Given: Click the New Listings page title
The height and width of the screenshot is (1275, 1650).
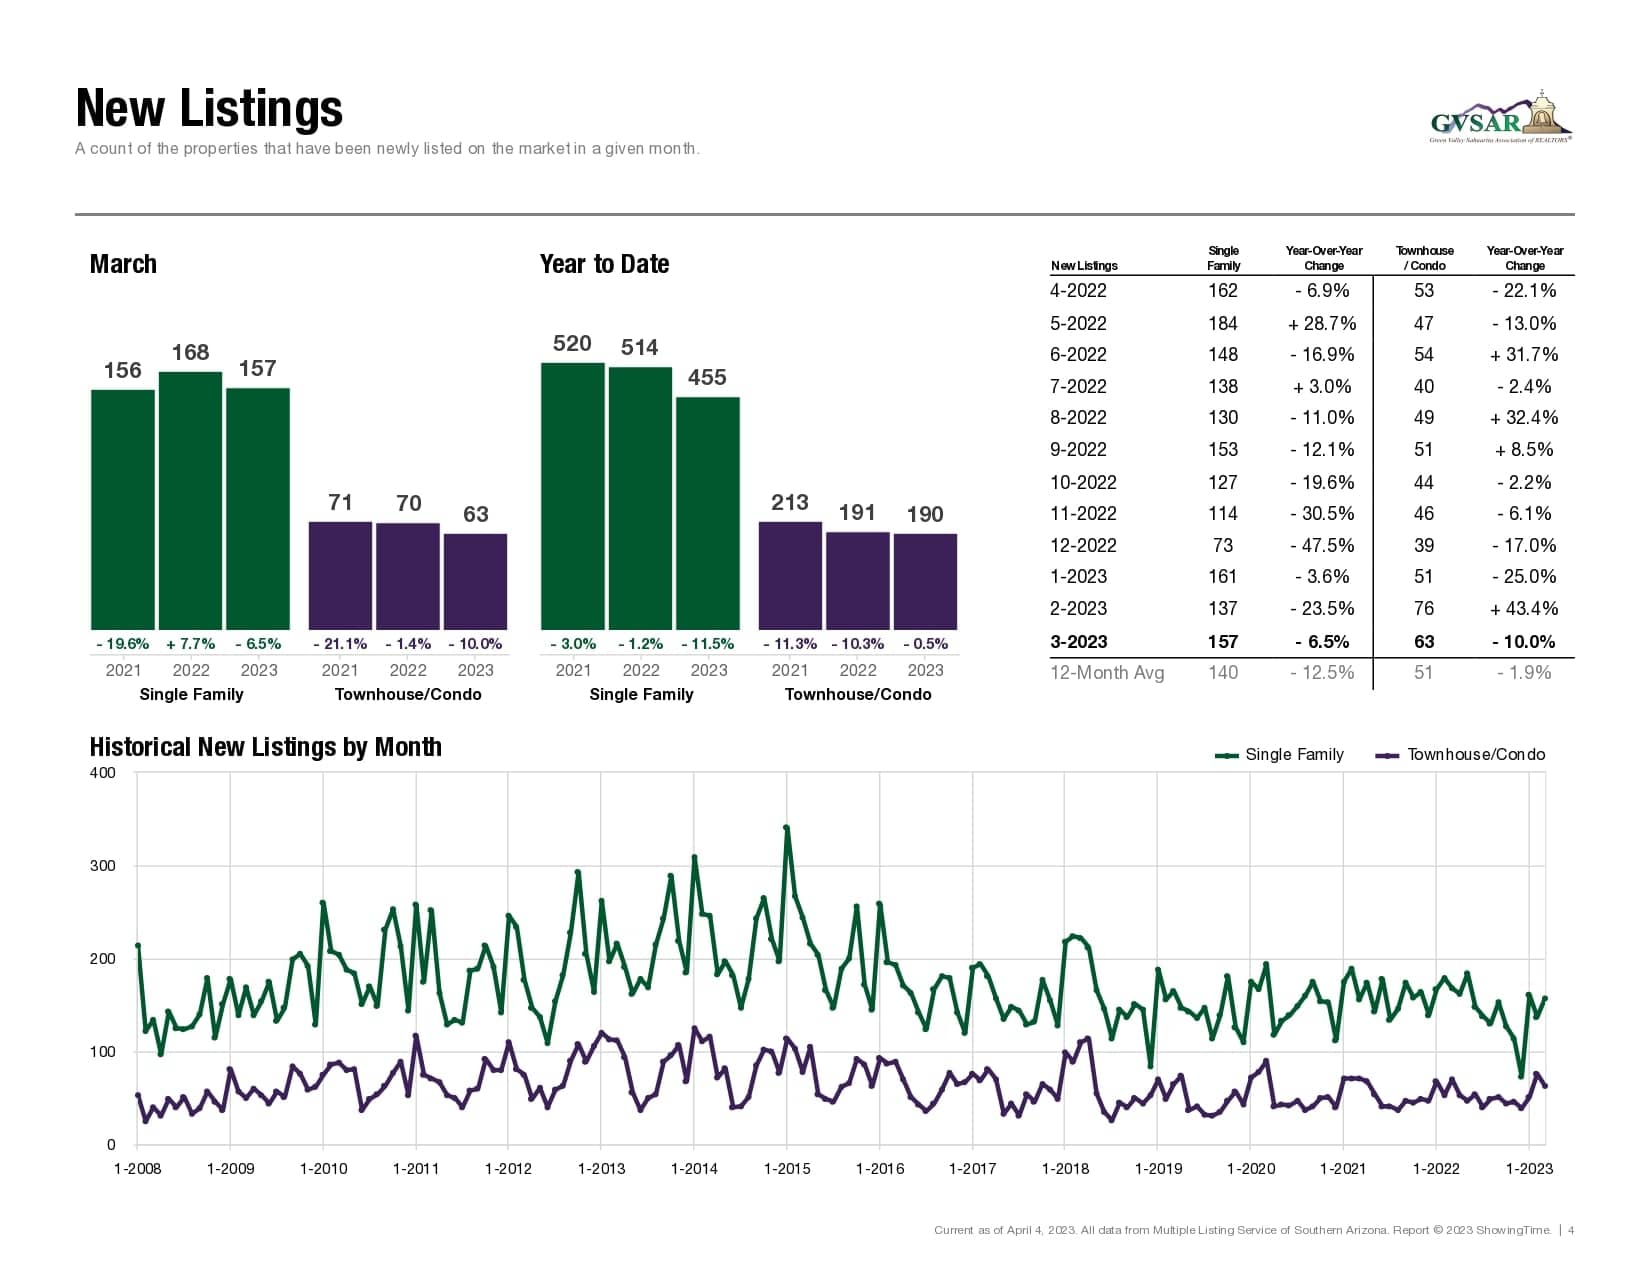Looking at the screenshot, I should (x=209, y=109).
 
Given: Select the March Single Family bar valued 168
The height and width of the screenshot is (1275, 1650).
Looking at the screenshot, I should (x=190, y=500).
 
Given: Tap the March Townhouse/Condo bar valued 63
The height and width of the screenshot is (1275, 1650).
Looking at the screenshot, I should (x=475, y=581).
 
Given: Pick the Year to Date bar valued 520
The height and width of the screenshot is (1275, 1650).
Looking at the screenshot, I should (x=572, y=496).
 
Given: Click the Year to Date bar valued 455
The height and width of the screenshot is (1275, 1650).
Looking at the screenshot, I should (x=707, y=513).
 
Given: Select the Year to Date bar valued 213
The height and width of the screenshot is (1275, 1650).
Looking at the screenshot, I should (x=790, y=575).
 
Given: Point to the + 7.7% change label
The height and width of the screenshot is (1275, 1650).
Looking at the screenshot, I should (x=190, y=644).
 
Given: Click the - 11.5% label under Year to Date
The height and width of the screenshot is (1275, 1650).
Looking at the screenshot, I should (x=707, y=644).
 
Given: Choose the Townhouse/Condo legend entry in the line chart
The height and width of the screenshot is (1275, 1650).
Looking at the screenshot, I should (x=1462, y=755).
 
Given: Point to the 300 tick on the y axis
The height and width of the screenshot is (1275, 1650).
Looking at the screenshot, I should (x=103, y=866).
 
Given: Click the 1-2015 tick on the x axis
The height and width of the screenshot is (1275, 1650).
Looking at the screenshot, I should (x=787, y=1168).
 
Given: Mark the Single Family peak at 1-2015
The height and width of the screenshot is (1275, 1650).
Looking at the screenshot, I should (x=787, y=828).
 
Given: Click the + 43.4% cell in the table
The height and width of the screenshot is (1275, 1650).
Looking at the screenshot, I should (x=1524, y=608).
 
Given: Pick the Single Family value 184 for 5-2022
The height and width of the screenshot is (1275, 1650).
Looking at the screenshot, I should (x=1222, y=323).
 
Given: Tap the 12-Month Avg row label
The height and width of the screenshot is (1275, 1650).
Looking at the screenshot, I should (x=1107, y=673).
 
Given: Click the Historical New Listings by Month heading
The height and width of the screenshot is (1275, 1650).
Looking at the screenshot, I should (x=265, y=747).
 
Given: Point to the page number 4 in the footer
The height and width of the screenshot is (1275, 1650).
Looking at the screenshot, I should (x=1571, y=1230).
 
